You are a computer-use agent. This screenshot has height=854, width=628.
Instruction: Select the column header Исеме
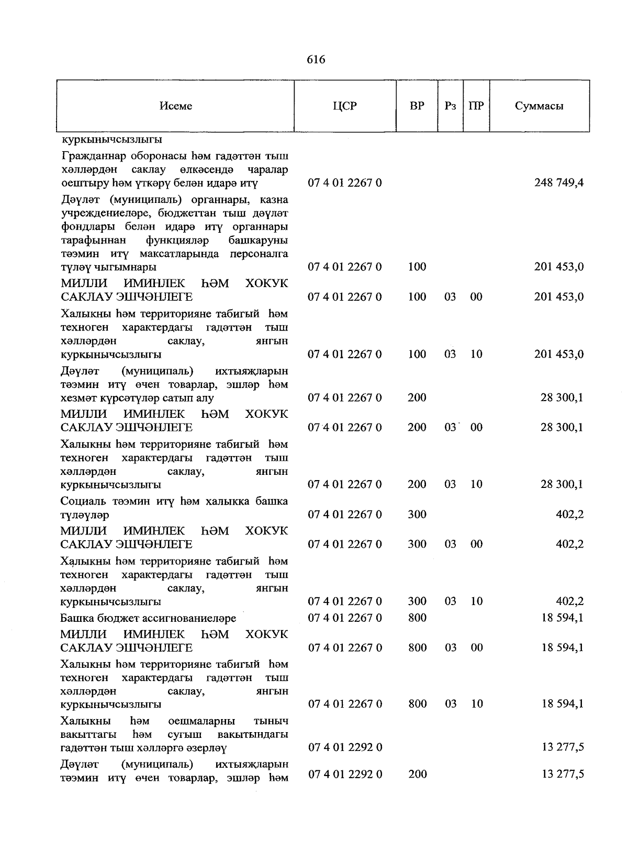tap(176, 106)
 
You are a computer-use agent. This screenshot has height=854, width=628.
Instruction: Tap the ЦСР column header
tap(345, 106)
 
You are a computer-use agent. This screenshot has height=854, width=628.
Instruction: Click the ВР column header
tap(417, 106)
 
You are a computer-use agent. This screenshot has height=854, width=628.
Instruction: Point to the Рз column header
tap(450, 106)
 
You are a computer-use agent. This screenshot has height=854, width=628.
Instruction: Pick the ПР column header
tap(476, 106)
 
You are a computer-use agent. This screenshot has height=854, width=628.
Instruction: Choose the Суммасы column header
tap(539, 106)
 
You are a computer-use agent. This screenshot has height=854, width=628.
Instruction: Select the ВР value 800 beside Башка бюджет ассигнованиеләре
tap(417, 618)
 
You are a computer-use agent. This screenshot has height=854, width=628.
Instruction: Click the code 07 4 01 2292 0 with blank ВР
tap(345, 747)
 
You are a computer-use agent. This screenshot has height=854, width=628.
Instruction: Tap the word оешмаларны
tap(202, 721)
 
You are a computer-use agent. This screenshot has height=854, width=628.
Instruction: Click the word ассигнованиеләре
tap(193, 618)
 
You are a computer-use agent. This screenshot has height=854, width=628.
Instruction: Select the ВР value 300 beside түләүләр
tap(417, 515)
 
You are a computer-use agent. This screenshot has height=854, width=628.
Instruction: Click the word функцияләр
tap(178, 241)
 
